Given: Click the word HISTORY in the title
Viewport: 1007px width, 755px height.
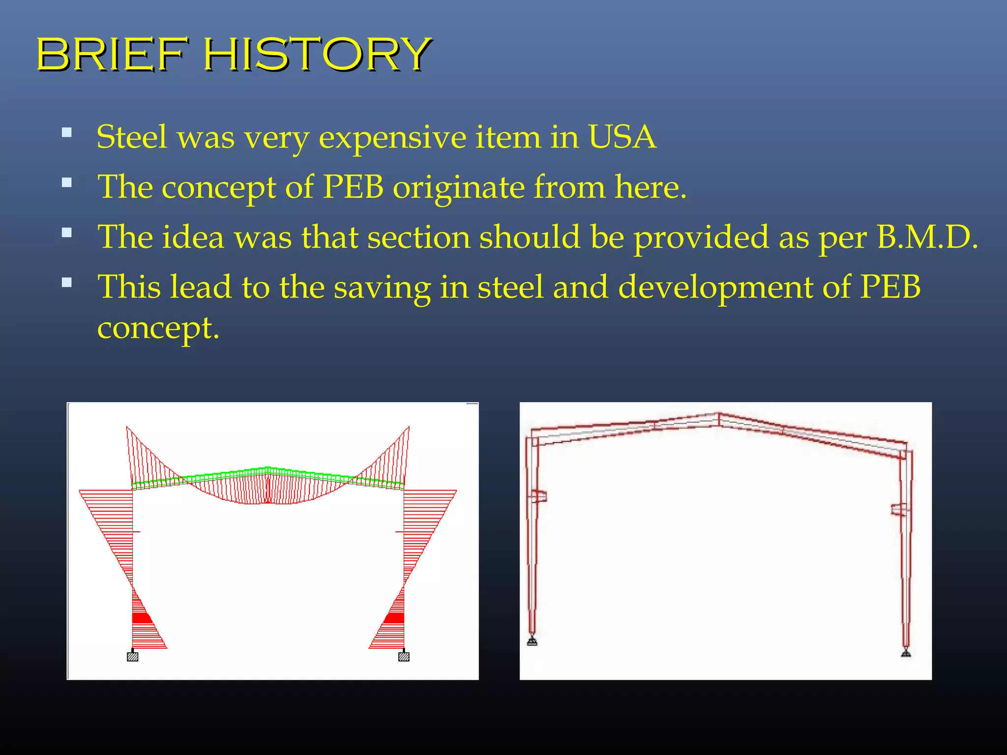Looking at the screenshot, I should point(317,54).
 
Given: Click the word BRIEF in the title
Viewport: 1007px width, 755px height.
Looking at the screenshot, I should point(113,54).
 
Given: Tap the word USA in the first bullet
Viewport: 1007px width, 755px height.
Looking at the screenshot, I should point(622,137).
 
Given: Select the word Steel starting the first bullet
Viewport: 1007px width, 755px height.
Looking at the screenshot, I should point(131,137).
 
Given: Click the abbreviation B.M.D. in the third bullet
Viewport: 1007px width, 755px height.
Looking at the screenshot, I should point(927,237).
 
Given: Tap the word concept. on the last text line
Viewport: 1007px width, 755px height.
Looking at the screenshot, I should point(158,328).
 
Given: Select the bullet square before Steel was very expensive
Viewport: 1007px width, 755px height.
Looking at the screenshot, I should point(67,132).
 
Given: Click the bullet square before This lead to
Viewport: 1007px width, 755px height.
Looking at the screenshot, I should point(67,282).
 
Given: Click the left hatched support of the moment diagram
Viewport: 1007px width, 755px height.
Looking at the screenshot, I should point(132,657).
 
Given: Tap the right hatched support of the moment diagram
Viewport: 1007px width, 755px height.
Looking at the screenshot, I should point(404,657).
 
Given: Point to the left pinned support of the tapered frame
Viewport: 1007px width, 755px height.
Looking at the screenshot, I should point(532,641).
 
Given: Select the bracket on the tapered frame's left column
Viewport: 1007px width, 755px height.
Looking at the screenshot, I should point(539,496).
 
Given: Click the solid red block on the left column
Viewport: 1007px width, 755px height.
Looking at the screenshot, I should point(142,618).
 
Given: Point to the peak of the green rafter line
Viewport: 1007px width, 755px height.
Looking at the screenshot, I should point(267,468).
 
